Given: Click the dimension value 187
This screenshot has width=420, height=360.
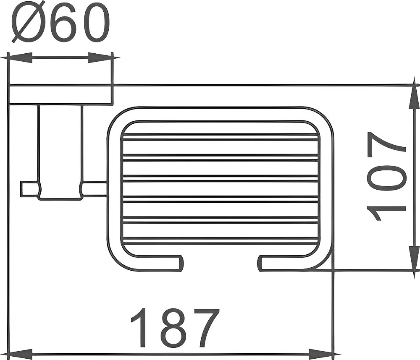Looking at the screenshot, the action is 175,328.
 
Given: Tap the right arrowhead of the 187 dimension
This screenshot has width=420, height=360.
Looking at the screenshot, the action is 321,355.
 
